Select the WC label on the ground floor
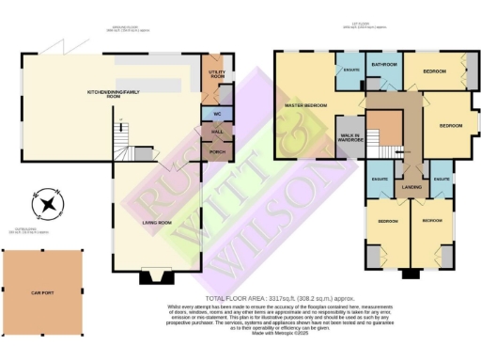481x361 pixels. tap(216, 114)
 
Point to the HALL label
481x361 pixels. tap(216, 133)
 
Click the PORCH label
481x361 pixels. tap(216, 150)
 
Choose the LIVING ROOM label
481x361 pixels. tap(157, 222)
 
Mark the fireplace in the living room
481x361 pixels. tap(155, 276)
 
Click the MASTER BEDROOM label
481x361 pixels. tap(305, 105)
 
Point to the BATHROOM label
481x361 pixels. tap(383, 65)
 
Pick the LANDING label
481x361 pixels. tap(411, 188)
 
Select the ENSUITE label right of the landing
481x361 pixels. tap(442, 178)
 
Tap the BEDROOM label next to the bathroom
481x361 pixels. tap(434, 71)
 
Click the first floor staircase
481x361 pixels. tap(383, 127)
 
